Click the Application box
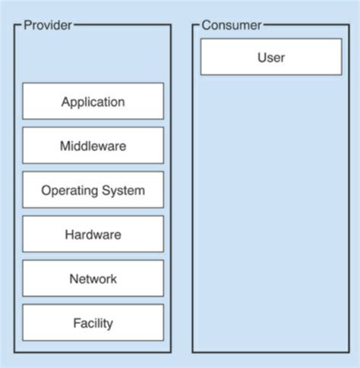(x=93, y=101)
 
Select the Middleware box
(x=93, y=146)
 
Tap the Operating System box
(x=93, y=190)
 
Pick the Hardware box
(x=93, y=234)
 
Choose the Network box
(x=93, y=278)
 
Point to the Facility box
(x=93, y=323)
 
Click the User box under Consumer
(x=271, y=57)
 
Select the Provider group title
(x=48, y=25)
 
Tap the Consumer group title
(x=231, y=25)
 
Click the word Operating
(x=66, y=190)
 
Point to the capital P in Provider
(x=27, y=25)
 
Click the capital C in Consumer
(x=206, y=25)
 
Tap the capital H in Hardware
(x=69, y=234)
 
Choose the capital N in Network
(x=73, y=278)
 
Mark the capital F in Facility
(x=76, y=323)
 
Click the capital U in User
(x=262, y=57)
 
